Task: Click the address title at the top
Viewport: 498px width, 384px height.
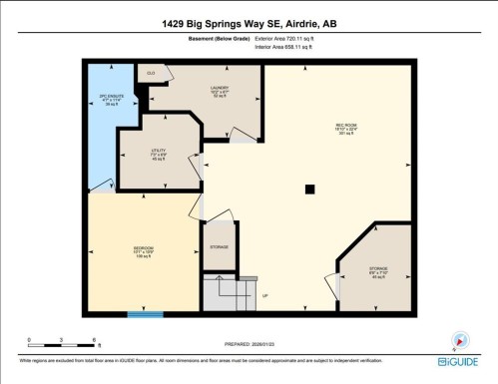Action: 249,21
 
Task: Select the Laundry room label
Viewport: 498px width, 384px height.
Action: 220,91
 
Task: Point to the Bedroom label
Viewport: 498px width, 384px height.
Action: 143,250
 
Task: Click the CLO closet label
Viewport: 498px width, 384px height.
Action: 151,74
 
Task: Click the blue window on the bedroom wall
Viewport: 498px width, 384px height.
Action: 145,314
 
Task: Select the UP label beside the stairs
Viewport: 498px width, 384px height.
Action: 265,296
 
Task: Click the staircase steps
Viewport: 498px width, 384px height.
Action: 222,294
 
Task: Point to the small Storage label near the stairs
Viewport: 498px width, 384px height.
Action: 219,246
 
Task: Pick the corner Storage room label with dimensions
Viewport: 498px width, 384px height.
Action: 378,271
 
